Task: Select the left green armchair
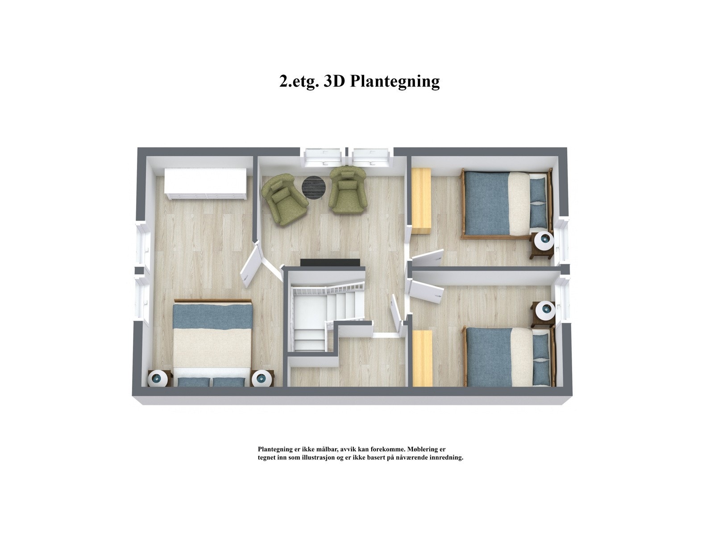[x=285, y=200]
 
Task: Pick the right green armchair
[x=348, y=191]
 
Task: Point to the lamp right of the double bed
[x=261, y=379]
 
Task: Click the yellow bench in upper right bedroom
[x=421, y=200]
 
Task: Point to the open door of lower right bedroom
[x=428, y=290]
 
